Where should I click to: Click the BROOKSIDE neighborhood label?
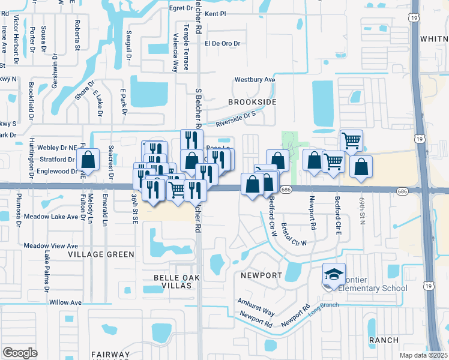(x=255, y=102)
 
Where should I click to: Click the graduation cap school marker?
(x=334, y=275)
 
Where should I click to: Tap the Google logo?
(x=20, y=353)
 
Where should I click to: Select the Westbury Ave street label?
(x=255, y=79)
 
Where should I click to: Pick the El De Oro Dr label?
(x=222, y=44)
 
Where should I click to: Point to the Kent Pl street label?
(x=214, y=13)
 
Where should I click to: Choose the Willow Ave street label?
(x=65, y=302)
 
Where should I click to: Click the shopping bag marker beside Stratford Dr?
(x=88, y=161)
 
